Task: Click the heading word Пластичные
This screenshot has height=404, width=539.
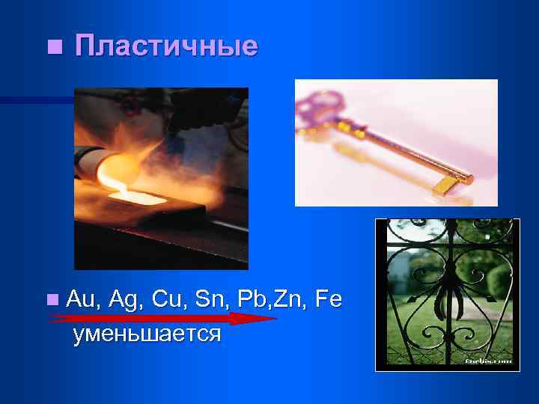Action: pyautogui.click(x=166, y=46)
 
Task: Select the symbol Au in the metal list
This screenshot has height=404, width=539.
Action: pyautogui.click(x=82, y=300)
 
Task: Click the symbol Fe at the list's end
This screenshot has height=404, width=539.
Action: pyautogui.click(x=328, y=300)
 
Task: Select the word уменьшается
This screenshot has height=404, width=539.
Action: pyautogui.click(x=147, y=333)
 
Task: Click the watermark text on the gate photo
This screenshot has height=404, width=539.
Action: pyautogui.click(x=488, y=360)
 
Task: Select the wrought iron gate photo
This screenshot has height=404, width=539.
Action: pyautogui.click(x=448, y=293)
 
